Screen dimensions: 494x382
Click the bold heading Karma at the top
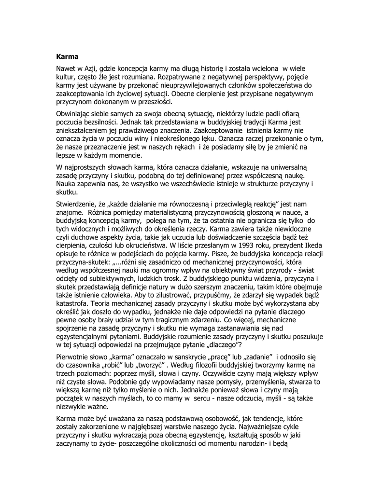pos(67,56)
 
